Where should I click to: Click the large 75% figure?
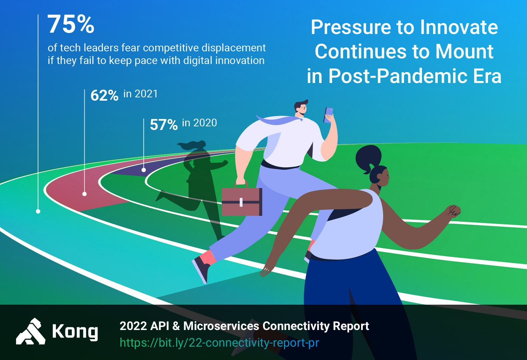click(71, 24)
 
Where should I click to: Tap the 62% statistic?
click(105, 95)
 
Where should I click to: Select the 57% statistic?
click(164, 124)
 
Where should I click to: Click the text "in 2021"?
click(141, 94)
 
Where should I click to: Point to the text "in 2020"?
click(200, 123)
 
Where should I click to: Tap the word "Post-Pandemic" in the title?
click(398, 76)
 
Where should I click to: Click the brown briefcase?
click(242, 200)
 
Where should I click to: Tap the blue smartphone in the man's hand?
click(328, 115)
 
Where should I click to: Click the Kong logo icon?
click(31, 332)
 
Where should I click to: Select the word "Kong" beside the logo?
click(75, 332)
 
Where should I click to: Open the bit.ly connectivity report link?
click(219, 343)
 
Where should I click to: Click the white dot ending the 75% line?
click(38, 211)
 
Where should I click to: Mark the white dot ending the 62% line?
click(85, 194)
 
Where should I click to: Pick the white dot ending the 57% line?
click(144, 170)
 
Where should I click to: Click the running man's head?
click(301, 108)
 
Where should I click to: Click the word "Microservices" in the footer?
click(221, 326)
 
